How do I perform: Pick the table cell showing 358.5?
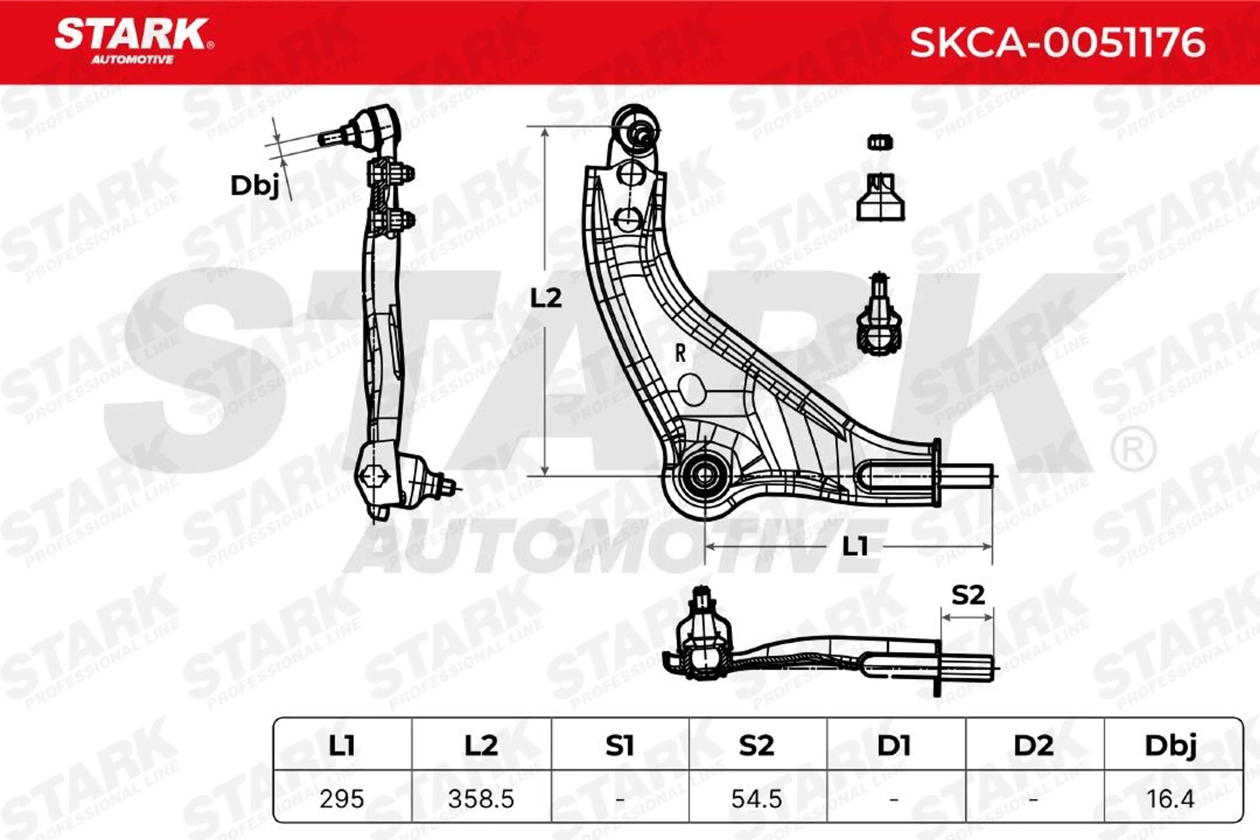point(481,799)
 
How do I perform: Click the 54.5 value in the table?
point(757,799)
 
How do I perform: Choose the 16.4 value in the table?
point(1170,799)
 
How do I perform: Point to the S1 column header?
point(620,745)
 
